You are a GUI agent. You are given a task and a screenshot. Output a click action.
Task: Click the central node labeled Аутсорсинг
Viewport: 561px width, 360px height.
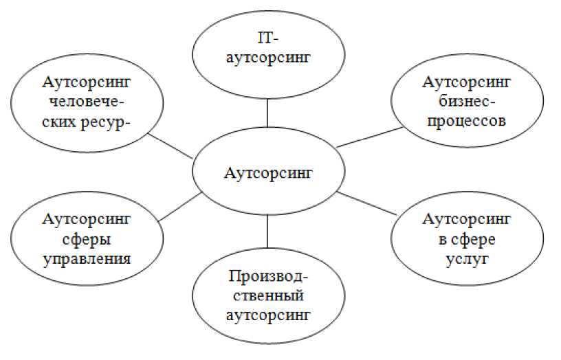click(267, 172)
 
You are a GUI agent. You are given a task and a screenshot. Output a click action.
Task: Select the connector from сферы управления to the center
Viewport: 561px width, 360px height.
click(180, 207)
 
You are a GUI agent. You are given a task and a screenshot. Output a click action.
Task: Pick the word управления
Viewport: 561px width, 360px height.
click(87, 258)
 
